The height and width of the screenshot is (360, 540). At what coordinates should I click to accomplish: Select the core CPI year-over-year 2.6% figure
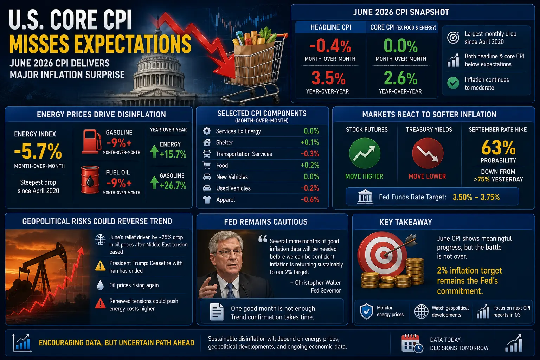[400, 78]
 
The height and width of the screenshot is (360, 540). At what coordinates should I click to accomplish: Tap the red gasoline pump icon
[91, 142]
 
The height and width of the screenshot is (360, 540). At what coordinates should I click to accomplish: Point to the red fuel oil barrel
[90, 180]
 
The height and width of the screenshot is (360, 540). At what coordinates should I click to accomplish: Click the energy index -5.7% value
[38, 151]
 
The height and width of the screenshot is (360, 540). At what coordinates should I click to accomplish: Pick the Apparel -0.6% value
[310, 199]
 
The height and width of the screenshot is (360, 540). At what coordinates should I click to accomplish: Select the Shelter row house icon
[207, 142]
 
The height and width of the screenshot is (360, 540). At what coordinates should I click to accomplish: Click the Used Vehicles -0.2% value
[310, 188]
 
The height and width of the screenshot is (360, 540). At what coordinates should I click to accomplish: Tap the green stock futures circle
[365, 153]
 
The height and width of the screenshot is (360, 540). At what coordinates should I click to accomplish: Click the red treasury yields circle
[427, 153]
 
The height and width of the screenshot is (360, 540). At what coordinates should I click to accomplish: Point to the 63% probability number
[498, 148]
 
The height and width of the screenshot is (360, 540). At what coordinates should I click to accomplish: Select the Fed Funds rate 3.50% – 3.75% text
[476, 197]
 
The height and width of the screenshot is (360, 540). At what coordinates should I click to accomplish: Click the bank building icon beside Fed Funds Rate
[365, 197]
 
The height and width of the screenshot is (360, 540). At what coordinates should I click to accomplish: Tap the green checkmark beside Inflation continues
[453, 83]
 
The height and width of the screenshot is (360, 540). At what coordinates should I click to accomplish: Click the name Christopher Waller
[318, 283]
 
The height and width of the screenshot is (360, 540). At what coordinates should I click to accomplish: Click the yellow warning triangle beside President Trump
[100, 266]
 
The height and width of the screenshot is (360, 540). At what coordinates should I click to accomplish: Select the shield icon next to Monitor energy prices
[366, 311]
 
